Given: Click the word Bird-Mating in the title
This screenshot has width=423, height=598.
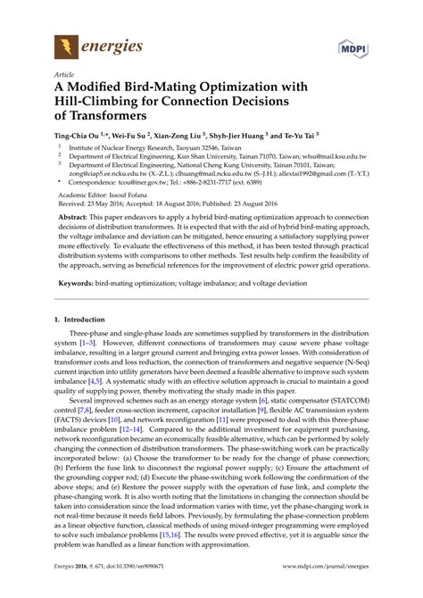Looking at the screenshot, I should coord(170,87).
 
